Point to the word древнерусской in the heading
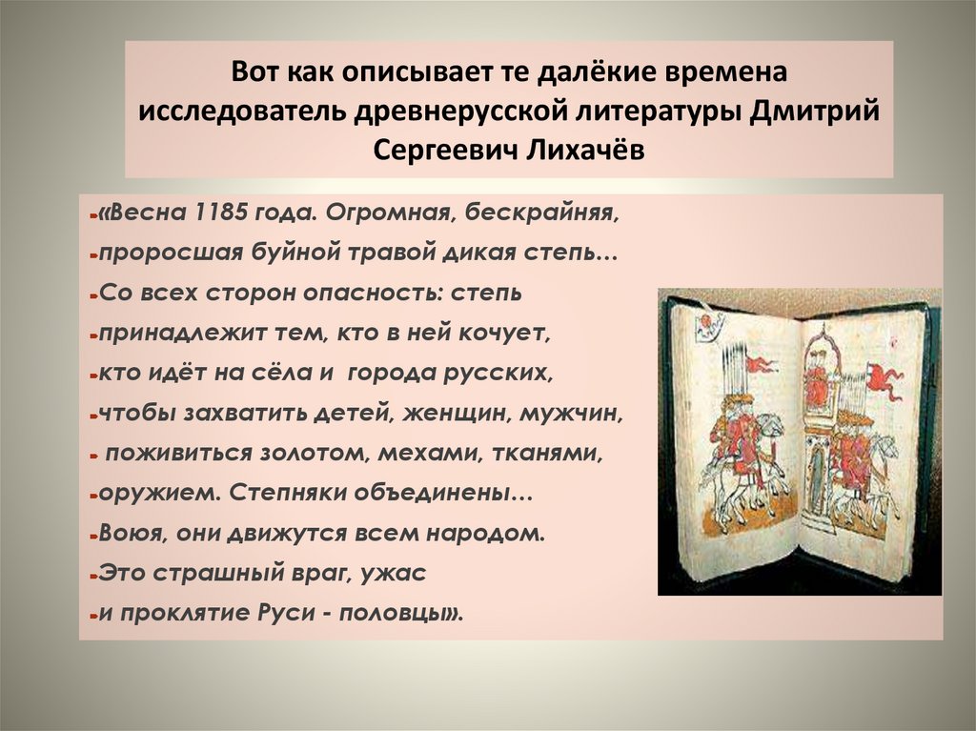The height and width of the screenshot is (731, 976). point(459,112)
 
